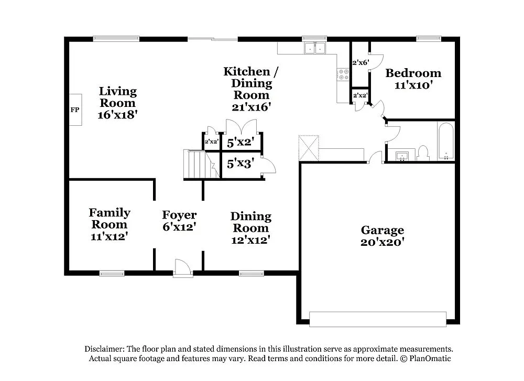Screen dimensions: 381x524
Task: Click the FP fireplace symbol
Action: coord(75,110)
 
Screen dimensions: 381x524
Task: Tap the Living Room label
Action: coord(118,97)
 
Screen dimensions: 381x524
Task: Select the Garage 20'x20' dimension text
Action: coord(383,243)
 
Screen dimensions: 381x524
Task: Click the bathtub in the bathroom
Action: coord(446,140)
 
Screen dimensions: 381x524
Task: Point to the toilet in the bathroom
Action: coord(423,153)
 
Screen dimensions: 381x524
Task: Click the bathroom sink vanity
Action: coord(401,155)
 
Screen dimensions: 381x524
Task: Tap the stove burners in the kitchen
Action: coord(344,74)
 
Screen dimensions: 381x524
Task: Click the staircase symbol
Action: coord(199,164)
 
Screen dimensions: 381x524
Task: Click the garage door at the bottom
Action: coord(378,319)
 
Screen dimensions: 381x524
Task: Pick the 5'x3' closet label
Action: coord(241,164)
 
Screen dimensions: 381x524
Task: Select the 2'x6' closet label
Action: coord(361,62)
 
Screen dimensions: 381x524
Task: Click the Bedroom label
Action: coord(413,73)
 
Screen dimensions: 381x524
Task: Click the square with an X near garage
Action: coord(309,147)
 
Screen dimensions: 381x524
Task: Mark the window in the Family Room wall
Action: coord(112,273)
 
